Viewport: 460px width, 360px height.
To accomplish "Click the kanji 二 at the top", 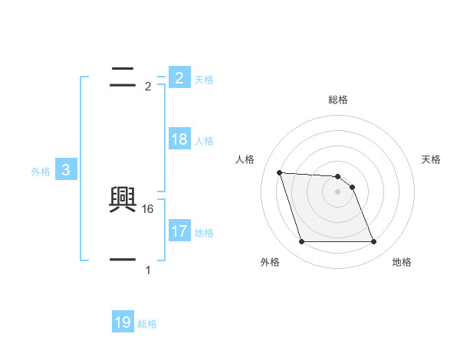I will click(x=123, y=75).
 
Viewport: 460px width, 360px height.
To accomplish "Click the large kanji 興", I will click(x=123, y=201).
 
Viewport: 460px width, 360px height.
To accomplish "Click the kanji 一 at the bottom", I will click(x=123, y=260).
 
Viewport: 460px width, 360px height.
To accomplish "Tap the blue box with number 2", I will click(x=179, y=77).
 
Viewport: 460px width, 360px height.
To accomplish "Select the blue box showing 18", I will click(x=179, y=139).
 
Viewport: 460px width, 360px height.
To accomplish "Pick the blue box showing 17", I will click(x=179, y=231).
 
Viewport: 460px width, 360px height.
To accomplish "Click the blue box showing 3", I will click(x=66, y=170).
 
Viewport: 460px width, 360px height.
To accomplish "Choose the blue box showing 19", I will click(x=123, y=322).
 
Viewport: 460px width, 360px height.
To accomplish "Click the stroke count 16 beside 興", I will click(x=149, y=208).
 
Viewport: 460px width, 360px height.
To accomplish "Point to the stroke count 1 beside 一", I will click(x=148, y=270).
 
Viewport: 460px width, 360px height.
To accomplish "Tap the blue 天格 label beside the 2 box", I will click(x=204, y=79).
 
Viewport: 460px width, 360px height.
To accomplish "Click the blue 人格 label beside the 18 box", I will click(x=204, y=141).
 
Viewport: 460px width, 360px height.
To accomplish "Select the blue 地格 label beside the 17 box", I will click(x=204, y=232).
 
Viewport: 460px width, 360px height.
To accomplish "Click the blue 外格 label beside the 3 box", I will click(x=41, y=172).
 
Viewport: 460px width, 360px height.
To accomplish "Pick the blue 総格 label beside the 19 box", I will click(x=147, y=324).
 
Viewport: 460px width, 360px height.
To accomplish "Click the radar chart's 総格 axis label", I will click(x=338, y=100).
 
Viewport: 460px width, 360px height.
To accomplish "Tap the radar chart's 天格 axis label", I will click(x=432, y=159).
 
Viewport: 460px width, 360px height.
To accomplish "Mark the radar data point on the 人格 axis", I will click(x=279, y=172).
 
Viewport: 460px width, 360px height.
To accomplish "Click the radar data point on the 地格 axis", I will click(x=373, y=242).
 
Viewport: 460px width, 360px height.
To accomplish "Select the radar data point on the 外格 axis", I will click(x=301, y=242).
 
